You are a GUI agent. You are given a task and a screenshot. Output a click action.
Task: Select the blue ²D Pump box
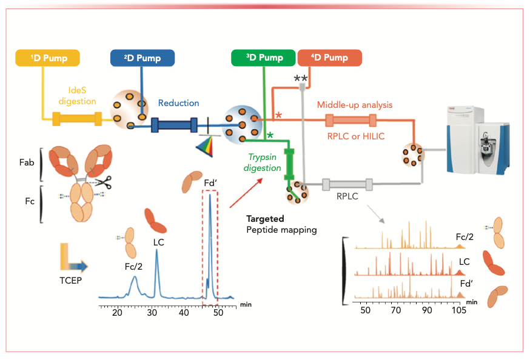click(x=143, y=58)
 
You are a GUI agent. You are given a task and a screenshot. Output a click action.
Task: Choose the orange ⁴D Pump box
click(x=330, y=58)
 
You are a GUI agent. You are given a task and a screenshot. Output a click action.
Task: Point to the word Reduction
click(x=178, y=104)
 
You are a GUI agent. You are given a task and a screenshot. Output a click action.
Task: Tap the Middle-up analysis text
click(x=355, y=105)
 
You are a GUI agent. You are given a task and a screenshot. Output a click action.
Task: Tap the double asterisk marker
click(x=301, y=79)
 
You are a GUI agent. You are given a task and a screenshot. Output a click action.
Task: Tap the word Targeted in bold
click(x=264, y=218)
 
